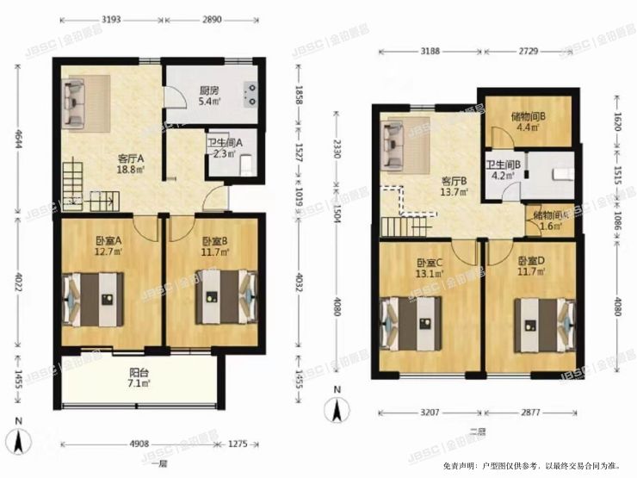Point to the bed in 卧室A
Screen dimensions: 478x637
(x=95, y=298)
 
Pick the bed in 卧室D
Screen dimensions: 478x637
(x=541, y=323)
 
